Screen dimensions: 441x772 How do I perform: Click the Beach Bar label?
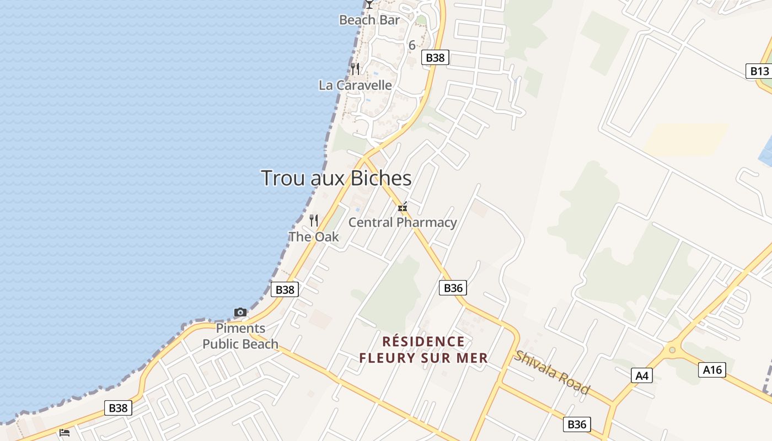(369, 20)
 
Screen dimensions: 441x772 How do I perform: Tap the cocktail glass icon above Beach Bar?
(369, 4)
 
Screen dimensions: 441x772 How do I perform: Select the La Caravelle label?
(355, 85)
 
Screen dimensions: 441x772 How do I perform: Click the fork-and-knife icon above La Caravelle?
(355, 69)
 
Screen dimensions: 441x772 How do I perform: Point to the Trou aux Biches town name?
(336, 178)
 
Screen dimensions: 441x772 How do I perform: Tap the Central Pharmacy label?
(403, 223)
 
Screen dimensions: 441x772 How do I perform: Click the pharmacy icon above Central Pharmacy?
(403, 207)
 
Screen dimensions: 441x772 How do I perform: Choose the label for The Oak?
(314, 237)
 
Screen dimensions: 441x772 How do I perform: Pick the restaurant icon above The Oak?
(314, 220)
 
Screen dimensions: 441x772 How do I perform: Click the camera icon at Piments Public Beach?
(240, 313)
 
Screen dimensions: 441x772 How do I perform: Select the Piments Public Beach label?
(240, 336)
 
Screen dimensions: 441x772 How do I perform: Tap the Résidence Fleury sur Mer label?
(423, 350)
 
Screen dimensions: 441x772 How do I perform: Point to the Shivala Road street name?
(552, 372)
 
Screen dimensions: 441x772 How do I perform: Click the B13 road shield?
(759, 71)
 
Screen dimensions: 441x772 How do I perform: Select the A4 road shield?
(642, 376)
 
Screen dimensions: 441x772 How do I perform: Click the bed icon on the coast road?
(65, 433)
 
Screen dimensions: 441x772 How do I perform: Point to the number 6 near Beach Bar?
(412, 46)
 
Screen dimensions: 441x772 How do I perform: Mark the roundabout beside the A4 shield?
(672, 349)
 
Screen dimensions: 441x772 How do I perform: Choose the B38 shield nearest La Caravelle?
(436, 57)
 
